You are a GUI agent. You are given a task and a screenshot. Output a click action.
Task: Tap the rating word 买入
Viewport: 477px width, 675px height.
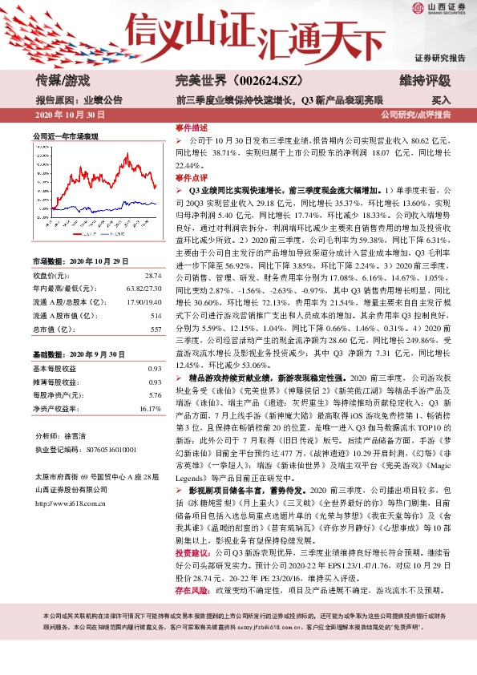pyautogui.click(x=441, y=100)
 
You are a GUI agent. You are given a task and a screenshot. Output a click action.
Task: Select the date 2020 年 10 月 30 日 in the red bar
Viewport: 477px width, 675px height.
pyautogui.click(x=71, y=115)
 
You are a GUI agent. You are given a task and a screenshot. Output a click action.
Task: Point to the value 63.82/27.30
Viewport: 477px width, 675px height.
pyautogui.click(x=142, y=266)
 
